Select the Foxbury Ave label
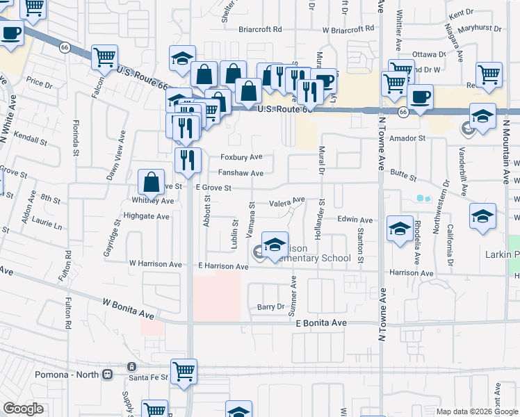241,157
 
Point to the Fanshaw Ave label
241,173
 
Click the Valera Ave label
287,203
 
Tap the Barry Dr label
271,306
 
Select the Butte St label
403,177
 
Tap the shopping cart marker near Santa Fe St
184,371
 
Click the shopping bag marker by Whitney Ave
152,183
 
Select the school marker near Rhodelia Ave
400,229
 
